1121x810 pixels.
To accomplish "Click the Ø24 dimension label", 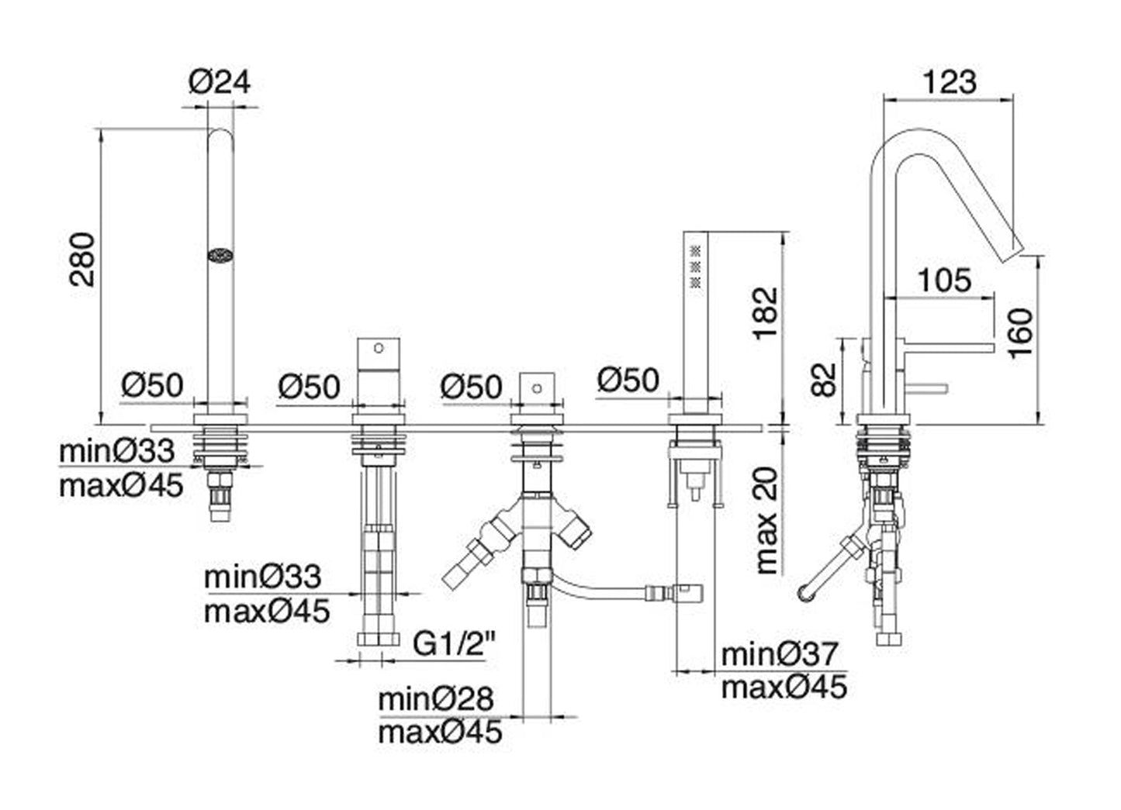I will click(x=220, y=81).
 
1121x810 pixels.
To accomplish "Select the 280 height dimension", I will click(x=81, y=259).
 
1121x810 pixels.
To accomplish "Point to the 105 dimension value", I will click(x=943, y=280).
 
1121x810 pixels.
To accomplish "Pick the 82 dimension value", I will click(x=828, y=379).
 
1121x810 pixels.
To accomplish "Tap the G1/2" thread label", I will click(x=449, y=643).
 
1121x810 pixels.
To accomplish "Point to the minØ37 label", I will click(x=780, y=654).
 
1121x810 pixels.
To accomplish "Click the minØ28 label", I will click(x=435, y=699).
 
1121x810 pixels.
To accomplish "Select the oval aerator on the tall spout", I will click(x=221, y=255).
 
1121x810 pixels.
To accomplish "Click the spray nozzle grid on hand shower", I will click(x=696, y=265).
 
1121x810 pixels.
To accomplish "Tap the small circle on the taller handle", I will click(x=379, y=346).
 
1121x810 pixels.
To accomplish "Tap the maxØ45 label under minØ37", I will click(x=784, y=687).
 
